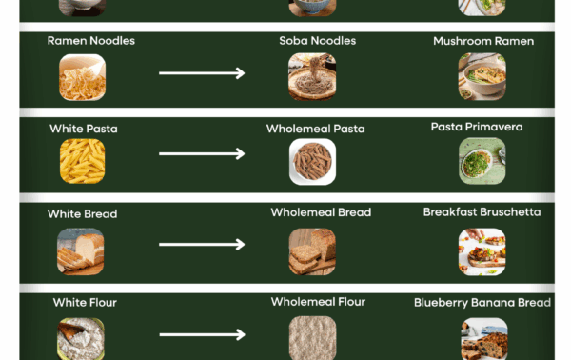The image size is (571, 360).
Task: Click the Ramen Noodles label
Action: point(91,40)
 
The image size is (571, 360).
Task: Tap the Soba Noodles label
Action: point(318,40)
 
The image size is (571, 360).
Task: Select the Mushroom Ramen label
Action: point(483,41)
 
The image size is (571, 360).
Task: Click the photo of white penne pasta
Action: point(82,161)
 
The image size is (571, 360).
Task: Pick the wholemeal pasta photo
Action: point(312,161)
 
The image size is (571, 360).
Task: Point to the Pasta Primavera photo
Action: point(482,161)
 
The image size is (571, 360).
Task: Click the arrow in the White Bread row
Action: point(202,244)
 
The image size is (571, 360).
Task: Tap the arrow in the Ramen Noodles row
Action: point(202,73)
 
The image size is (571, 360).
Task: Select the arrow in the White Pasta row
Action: point(202,153)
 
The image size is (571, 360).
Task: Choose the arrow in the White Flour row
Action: point(202,334)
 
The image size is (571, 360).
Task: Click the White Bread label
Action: point(82,214)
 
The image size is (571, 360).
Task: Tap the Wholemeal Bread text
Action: point(321,212)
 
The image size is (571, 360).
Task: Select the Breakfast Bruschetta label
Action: point(482,212)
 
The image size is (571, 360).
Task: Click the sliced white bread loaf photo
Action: point(81,251)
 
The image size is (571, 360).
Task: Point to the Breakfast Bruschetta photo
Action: point(482,251)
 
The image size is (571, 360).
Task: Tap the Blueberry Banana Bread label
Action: point(482,303)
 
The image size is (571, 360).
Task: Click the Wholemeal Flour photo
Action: point(312,338)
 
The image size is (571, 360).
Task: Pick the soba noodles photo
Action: point(312,76)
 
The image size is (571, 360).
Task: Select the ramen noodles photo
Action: point(82,77)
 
